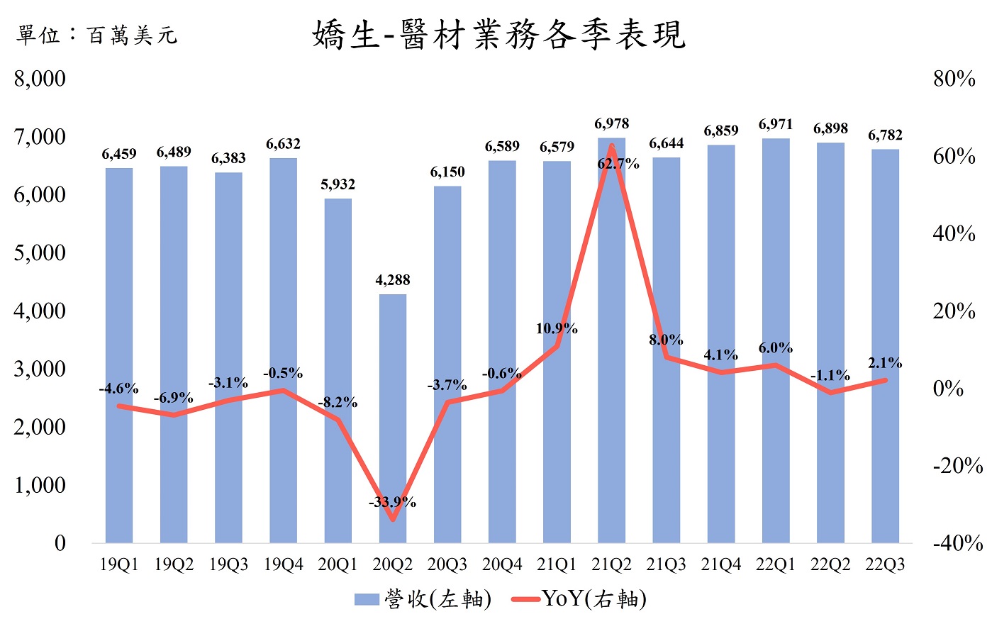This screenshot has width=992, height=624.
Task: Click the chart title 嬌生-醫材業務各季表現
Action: click(x=498, y=34)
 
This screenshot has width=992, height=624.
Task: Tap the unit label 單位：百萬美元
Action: click(x=96, y=35)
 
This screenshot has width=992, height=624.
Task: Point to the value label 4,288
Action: click(x=393, y=280)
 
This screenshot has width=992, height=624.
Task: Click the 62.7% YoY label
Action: click(x=618, y=164)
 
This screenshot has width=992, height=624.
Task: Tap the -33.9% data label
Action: click(x=392, y=503)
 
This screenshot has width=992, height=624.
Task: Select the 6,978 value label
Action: click(x=611, y=124)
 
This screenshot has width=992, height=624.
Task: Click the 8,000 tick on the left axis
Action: click(x=40, y=78)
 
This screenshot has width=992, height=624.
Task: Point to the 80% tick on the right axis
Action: click(x=954, y=79)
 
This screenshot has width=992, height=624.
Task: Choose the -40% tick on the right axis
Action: click(x=957, y=543)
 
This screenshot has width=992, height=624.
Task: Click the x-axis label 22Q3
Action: click(x=885, y=565)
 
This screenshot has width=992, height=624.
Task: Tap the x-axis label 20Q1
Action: click(x=338, y=565)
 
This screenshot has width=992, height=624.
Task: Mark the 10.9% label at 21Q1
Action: click(x=557, y=328)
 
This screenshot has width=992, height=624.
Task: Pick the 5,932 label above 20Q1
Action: click(x=338, y=184)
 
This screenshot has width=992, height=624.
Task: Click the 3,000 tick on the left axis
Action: click(x=40, y=369)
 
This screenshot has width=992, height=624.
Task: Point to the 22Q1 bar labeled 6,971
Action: click(x=776, y=340)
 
